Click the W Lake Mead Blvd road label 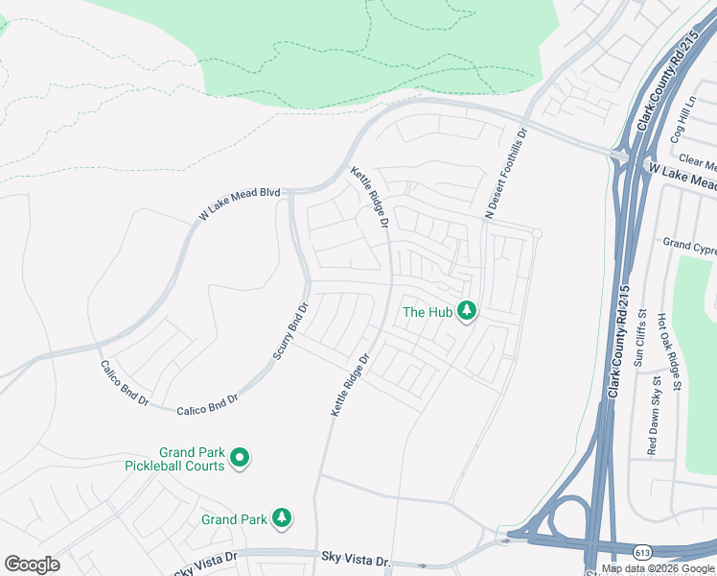239,205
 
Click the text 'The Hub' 427,312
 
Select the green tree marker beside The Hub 467,311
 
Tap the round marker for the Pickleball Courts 241,459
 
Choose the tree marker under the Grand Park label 282,518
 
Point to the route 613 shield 643,551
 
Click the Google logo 32,564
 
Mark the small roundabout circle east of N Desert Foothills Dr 538,233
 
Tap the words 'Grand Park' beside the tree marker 234,519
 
